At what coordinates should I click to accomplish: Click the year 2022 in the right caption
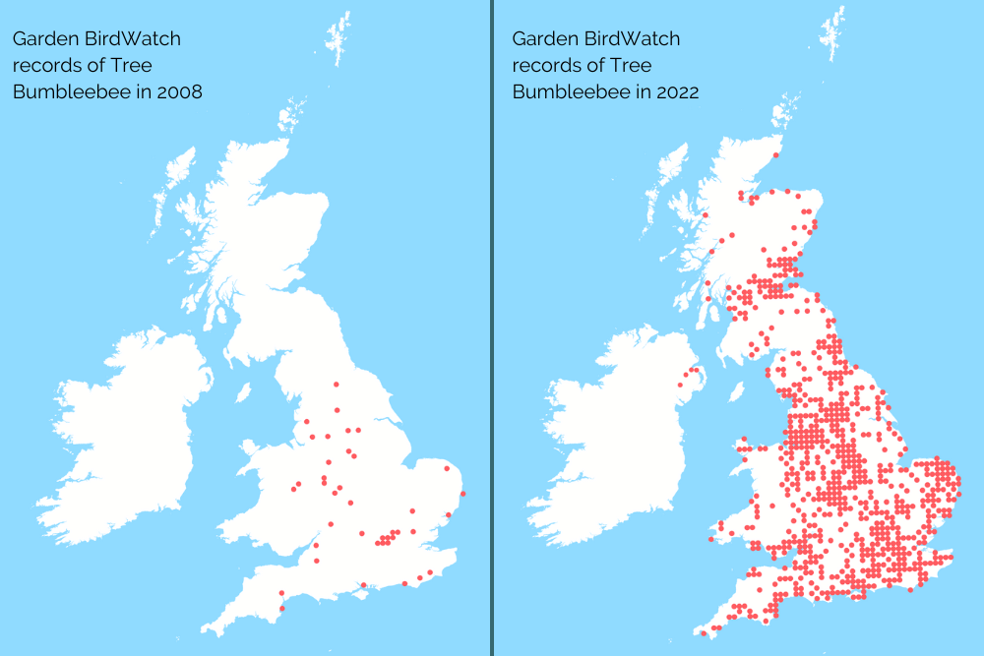[x=678, y=91]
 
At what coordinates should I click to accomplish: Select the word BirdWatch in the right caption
[x=633, y=39]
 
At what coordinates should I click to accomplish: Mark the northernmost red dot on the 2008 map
[x=336, y=385]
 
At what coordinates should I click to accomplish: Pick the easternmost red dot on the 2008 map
[x=462, y=493]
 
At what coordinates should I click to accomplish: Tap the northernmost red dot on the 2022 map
[x=777, y=154]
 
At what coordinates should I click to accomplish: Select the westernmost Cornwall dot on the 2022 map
[x=703, y=632]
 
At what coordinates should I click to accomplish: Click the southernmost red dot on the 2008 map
[x=281, y=608]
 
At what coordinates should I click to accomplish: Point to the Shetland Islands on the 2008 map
[x=339, y=34]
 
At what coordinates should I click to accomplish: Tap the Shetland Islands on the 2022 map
[x=835, y=34]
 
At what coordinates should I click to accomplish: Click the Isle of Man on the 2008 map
[x=243, y=392]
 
